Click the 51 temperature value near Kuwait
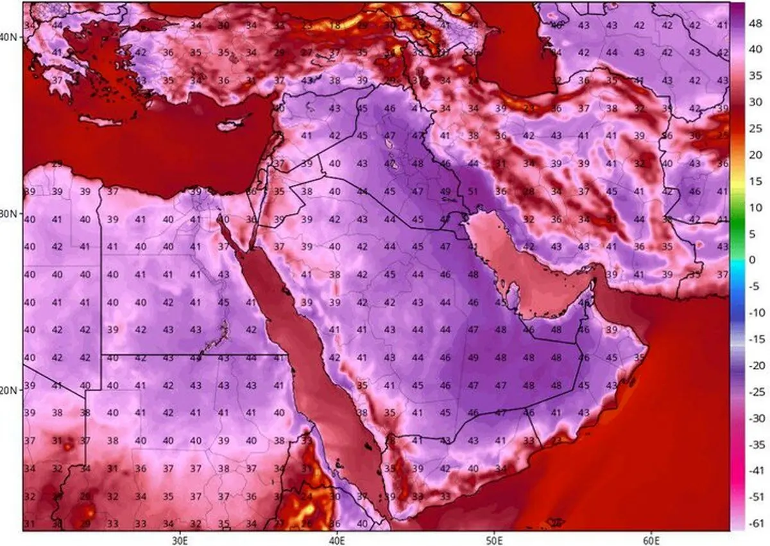pos(474,191)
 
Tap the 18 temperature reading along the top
pos(335,26)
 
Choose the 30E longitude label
pos(179,538)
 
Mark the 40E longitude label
pos(337,538)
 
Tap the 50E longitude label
pos(494,538)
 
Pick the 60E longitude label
pos(651,538)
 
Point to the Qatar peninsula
pos(513,295)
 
